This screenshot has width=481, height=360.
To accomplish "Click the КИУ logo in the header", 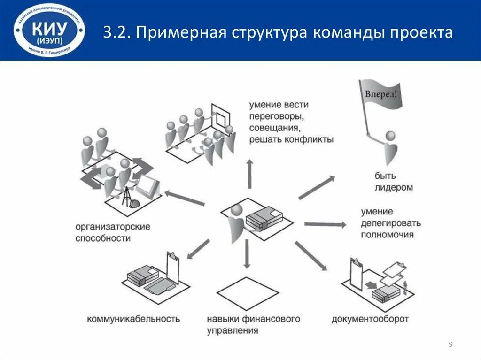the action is tap(49, 31).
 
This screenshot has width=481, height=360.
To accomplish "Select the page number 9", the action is tap(451, 345).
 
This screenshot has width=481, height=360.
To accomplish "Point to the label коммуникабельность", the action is tap(133, 319).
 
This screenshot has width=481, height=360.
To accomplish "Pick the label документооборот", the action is tap(370, 319).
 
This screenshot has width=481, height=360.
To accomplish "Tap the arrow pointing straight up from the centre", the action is tap(249, 174).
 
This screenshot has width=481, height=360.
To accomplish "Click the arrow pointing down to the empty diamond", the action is tap(246, 254).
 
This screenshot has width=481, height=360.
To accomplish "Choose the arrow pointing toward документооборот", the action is tap(310, 256).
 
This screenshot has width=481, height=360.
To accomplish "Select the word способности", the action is tap(103, 238).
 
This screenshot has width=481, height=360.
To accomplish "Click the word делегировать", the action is tap(391, 223).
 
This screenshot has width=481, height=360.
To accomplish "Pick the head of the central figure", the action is tap(237, 209).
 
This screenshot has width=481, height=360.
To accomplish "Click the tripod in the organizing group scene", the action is tap(125, 197).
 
